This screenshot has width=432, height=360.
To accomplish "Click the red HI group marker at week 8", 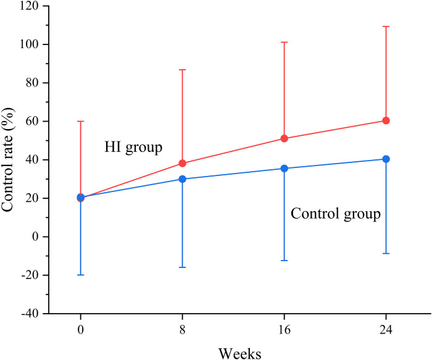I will click(183, 164).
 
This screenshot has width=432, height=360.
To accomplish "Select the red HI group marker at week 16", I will click(285, 138).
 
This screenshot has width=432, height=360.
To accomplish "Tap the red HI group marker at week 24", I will click(386, 120).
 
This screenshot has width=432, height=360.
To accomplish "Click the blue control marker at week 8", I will click(183, 179).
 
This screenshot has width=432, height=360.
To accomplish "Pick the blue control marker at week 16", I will click(285, 169).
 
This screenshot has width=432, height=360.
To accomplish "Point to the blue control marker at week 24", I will click(386, 159).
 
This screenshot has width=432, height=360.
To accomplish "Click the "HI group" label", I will click(133, 148).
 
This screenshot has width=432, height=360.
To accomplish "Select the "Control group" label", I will click(335, 214).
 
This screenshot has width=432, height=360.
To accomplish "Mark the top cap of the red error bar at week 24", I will click(386, 27).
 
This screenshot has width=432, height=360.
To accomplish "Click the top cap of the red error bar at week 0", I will click(81, 121).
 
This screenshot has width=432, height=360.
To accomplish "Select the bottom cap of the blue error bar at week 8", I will click(183, 267).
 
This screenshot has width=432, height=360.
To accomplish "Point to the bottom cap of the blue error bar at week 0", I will click(81, 275).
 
